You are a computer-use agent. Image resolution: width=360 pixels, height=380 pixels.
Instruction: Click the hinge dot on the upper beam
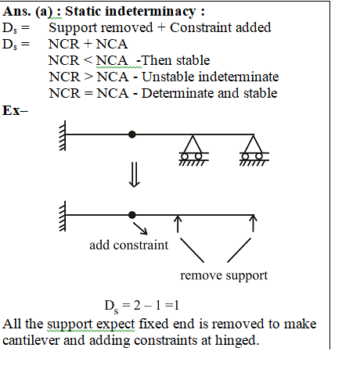click(132, 134)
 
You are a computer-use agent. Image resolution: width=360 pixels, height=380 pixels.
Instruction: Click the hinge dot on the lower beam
click(132, 215)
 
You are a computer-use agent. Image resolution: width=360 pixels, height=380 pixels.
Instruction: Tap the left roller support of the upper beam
click(193, 150)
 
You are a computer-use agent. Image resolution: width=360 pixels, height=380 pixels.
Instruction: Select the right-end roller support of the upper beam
click(254, 150)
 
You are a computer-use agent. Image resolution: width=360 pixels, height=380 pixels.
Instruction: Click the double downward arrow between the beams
click(135, 175)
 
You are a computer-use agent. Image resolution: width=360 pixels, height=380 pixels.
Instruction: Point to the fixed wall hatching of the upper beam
click(63, 135)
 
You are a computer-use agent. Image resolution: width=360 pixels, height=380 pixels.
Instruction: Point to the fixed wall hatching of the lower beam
click(63, 216)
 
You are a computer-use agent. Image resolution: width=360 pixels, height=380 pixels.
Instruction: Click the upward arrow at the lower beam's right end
click(253, 224)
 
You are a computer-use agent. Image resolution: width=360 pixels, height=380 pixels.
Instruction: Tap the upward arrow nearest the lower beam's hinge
click(178, 224)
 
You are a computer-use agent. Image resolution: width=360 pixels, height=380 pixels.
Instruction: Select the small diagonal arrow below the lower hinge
click(140, 228)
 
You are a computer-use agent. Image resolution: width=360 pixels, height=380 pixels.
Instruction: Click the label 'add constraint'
click(129, 246)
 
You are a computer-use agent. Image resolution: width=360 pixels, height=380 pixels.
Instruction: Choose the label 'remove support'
click(224, 276)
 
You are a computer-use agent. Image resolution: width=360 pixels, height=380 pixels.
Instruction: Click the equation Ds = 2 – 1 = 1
click(142, 306)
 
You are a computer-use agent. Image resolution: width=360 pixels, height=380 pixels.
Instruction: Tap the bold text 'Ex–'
click(15, 110)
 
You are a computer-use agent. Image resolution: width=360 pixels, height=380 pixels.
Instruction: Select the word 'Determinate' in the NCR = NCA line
click(178, 93)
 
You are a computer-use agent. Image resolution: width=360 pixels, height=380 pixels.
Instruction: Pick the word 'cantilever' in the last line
click(31, 340)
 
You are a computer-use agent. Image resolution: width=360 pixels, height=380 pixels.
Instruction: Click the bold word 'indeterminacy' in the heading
click(150, 12)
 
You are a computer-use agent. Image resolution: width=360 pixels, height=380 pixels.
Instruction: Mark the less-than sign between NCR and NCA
click(88, 61)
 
